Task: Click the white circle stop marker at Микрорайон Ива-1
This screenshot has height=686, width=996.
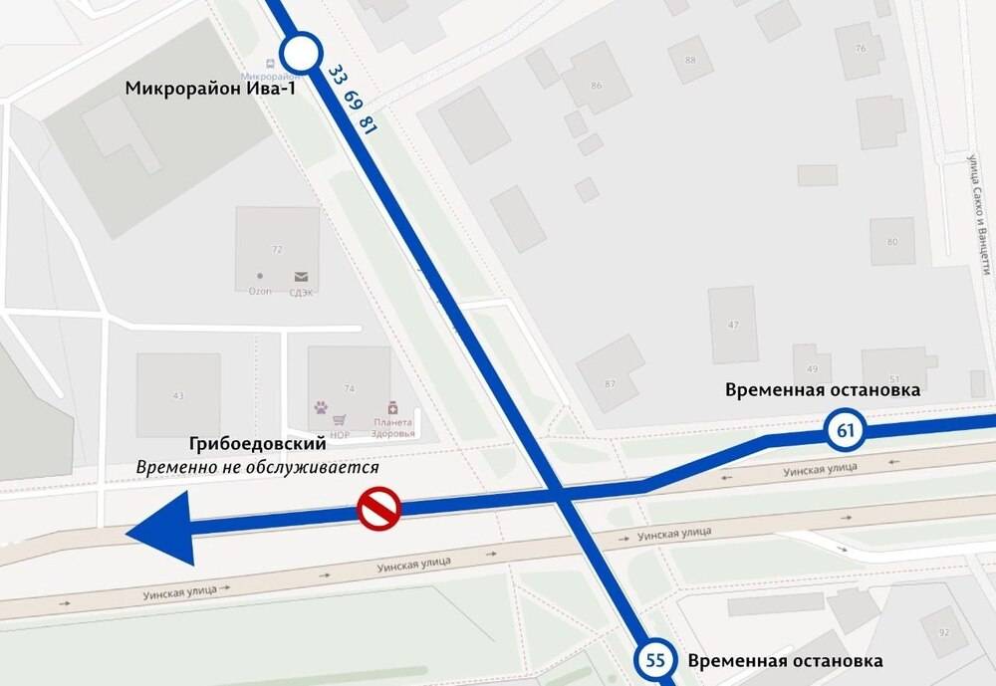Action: pos(300,53)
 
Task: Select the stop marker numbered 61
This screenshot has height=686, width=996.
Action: pos(844,431)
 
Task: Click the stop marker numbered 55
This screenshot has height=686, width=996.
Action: pos(653,659)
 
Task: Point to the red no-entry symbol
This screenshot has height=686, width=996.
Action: pos(378,508)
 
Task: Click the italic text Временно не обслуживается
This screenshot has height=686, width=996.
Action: pos(257,466)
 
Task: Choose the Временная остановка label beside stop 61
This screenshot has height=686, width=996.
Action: pos(822,389)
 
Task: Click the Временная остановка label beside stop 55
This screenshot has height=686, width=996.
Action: pos(785,660)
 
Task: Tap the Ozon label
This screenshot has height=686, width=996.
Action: pos(260,291)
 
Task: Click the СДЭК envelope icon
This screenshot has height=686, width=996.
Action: pos(300,277)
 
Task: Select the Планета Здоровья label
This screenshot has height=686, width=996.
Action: pos(391,427)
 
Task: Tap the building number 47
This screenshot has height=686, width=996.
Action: pos(733,326)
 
